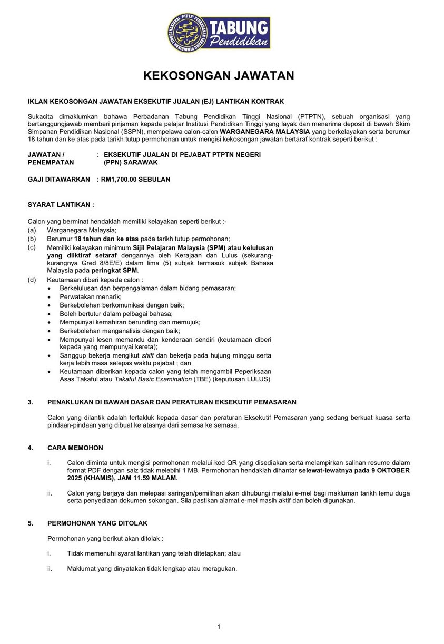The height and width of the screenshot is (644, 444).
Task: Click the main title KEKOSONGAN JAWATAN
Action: click(x=219, y=76)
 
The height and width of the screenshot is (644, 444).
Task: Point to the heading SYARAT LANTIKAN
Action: click(x=61, y=204)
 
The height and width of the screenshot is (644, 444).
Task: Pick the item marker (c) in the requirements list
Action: click(x=32, y=247)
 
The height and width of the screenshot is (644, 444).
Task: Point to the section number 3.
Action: click(x=31, y=402)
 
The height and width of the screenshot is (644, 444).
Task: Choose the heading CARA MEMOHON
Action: click(x=75, y=448)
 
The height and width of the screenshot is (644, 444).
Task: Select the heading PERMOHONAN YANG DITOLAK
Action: click(x=97, y=523)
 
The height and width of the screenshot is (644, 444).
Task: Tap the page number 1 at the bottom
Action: click(x=219, y=626)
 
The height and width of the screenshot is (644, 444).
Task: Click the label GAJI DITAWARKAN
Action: click(x=59, y=180)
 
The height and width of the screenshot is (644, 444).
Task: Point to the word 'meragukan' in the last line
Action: click(x=219, y=569)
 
